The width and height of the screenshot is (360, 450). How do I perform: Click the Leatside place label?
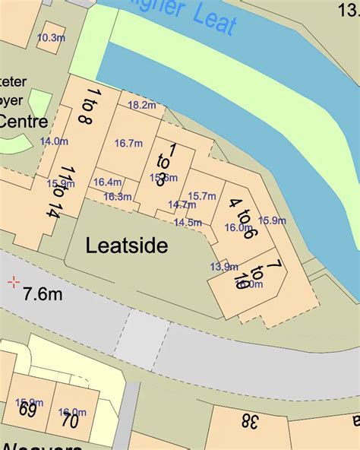127,246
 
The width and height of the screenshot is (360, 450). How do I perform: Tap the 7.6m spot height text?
43,293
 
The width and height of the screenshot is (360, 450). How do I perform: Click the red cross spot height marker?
13,283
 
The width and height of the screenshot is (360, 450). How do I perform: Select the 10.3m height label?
52,37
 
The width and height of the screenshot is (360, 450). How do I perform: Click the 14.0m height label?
54,141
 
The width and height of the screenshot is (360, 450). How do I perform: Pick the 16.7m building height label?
128,143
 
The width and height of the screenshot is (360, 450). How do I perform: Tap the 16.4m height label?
108,182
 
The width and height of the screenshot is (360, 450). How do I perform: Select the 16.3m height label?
118,196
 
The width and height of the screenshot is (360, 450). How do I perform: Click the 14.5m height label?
188,223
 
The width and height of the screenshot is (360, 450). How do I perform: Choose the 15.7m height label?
202,196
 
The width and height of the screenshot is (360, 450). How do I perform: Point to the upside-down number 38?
250,420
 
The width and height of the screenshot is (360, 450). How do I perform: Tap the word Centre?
23,121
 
